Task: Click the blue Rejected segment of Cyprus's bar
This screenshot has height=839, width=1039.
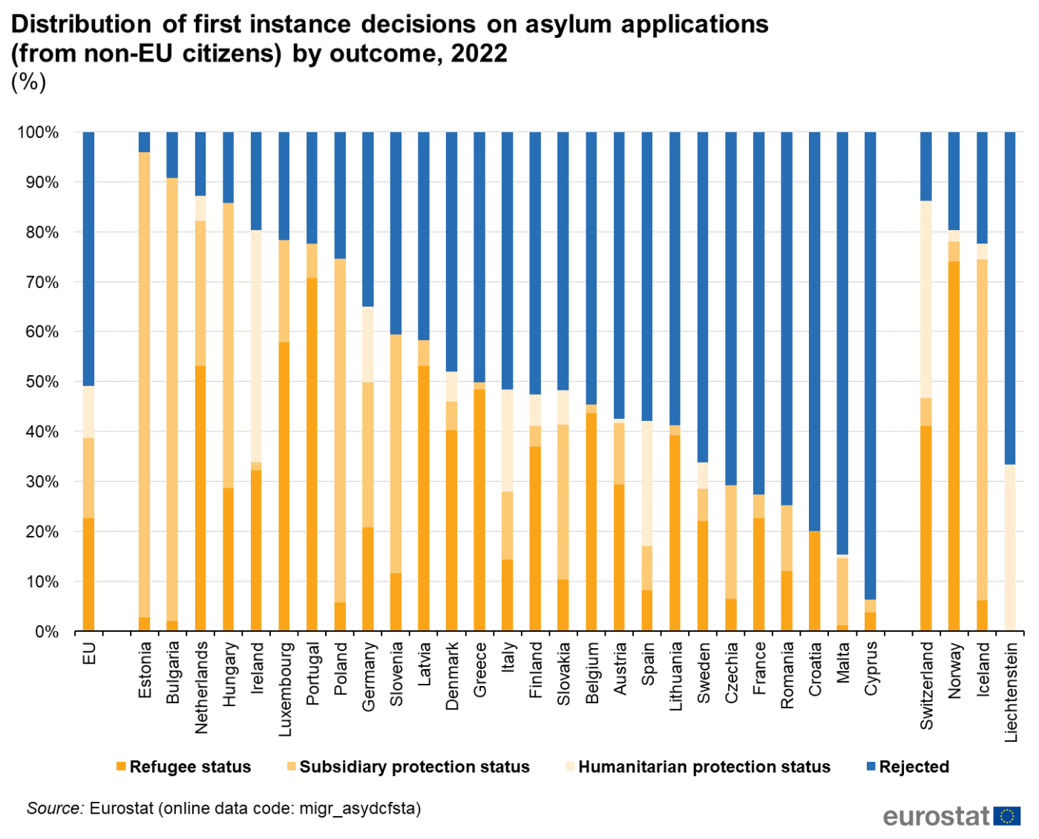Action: tap(871, 364)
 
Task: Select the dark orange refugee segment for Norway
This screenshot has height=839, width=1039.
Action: tap(954, 445)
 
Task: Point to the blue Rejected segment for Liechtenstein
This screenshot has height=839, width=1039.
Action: tap(1009, 297)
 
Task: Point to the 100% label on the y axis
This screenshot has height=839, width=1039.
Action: tap(38, 132)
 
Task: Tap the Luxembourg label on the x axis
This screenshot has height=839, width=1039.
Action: tap(285, 689)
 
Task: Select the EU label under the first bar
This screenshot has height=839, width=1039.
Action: tap(89, 653)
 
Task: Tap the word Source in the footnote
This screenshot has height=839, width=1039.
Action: tap(55, 808)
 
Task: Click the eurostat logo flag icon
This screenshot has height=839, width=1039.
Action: tap(1006, 817)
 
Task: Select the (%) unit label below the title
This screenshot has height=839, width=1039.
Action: tap(28, 81)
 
